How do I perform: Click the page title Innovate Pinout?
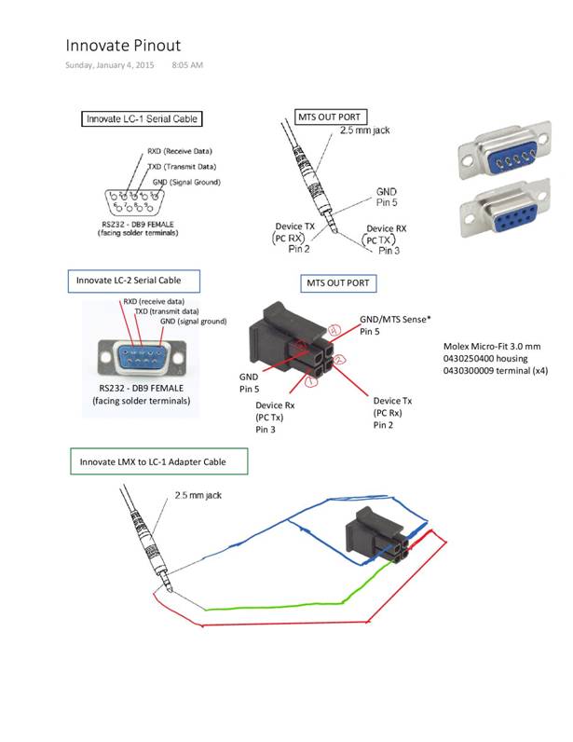(x=123, y=45)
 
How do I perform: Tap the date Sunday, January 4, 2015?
(x=111, y=65)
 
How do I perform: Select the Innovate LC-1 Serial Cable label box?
(x=143, y=118)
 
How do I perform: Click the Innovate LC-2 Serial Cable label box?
(x=136, y=280)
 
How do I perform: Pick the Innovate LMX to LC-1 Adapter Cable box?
(x=160, y=461)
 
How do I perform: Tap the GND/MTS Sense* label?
(x=395, y=319)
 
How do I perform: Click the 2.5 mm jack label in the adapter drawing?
(x=199, y=496)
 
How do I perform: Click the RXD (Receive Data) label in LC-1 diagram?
(x=180, y=150)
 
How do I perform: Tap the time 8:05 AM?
(x=188, y=65)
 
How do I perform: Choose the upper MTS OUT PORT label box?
(x=332, y=117)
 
